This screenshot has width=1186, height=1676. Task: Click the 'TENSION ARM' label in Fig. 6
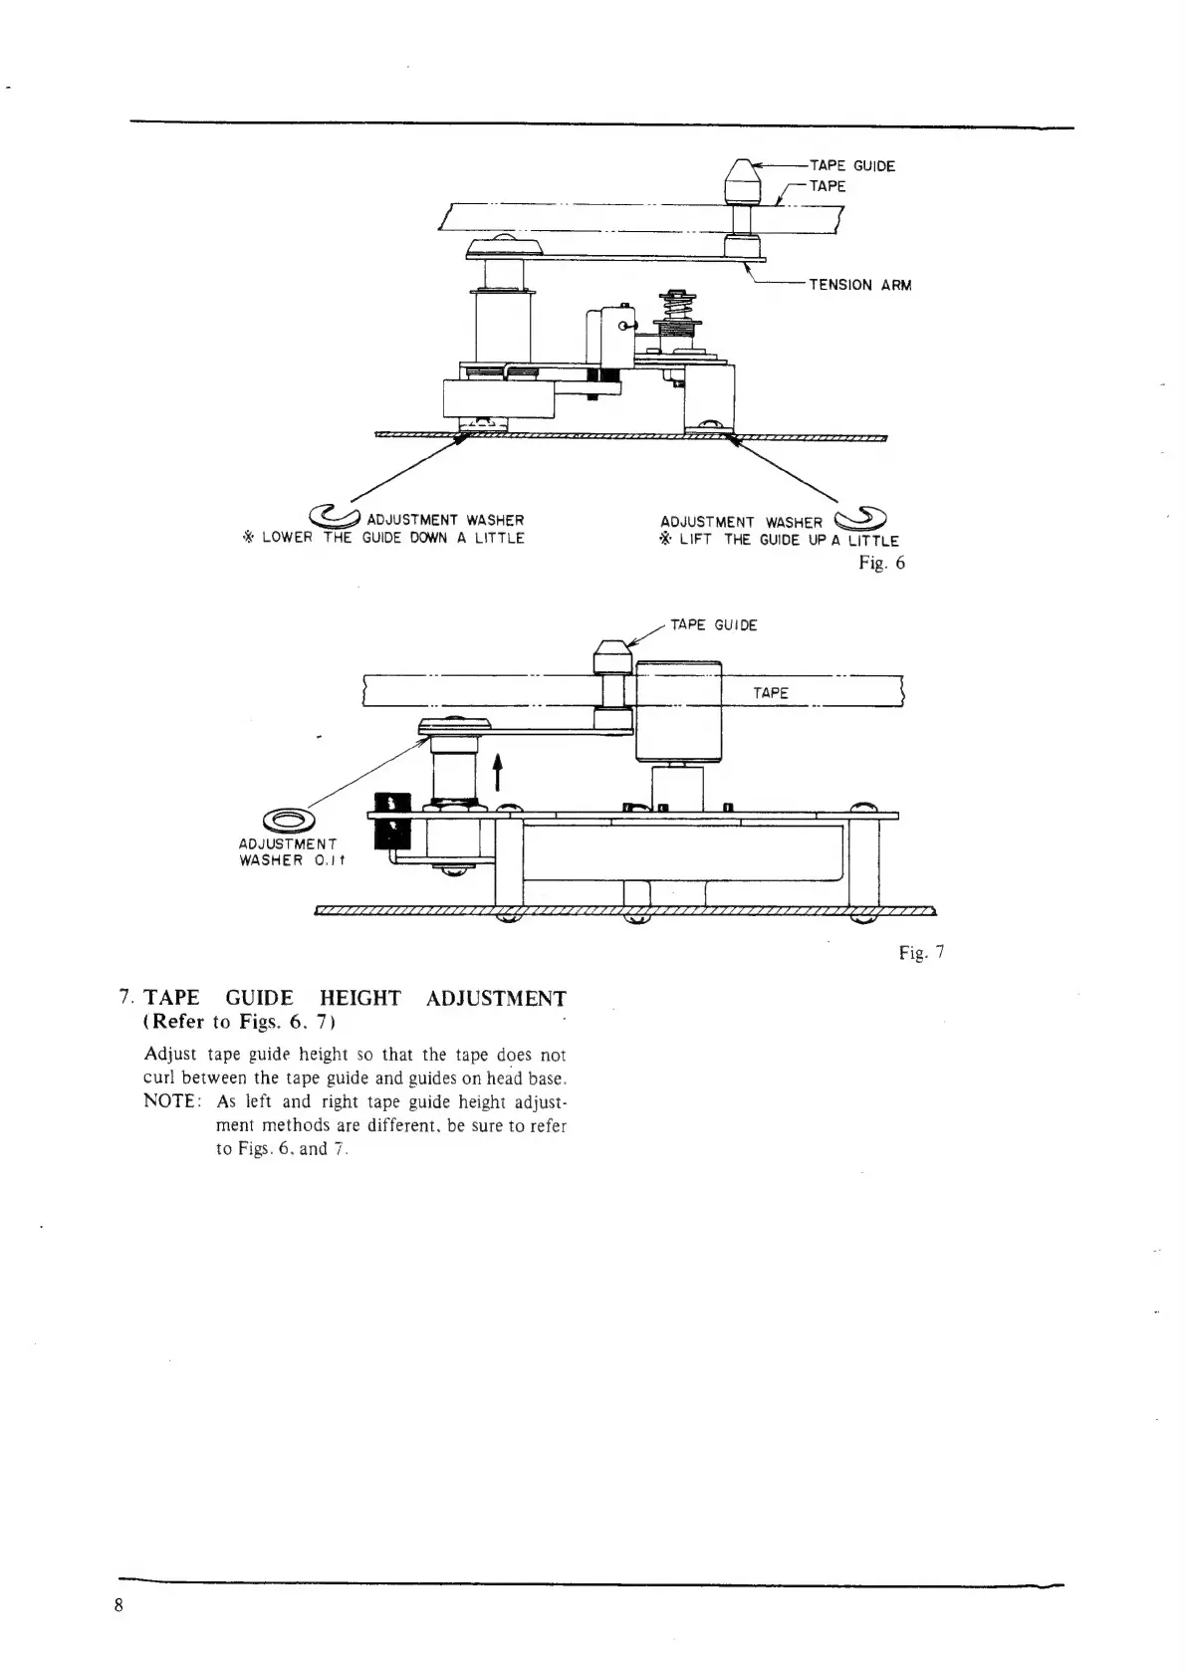click(x=859, y=285)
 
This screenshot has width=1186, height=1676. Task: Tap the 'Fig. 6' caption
click(x=881, y=564)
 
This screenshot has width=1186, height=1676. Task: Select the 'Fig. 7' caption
click(x=921, y=953)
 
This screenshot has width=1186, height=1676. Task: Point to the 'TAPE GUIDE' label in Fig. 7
click(x=713, y=625)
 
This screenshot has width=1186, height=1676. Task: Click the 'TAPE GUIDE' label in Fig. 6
click(x=851, y=166)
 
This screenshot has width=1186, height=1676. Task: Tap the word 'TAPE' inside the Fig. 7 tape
click(x=771, y=693)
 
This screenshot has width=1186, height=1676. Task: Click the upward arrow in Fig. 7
click(x=497, y=771)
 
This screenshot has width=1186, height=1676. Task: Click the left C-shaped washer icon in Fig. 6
click(x=337, y=515)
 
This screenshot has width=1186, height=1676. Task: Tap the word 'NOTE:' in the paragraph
click(x=174, y=1101)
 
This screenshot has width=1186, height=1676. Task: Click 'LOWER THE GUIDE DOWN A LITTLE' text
click(x=392, y=539)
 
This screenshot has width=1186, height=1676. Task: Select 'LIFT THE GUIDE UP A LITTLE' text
click(x=789, y=541)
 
